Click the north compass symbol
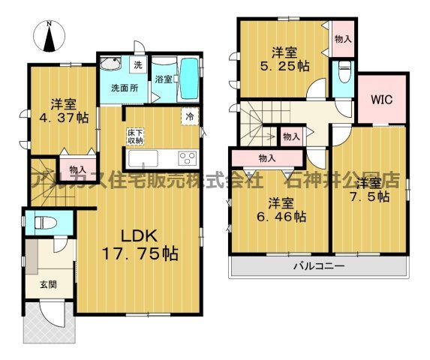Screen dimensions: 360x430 pyautogui.click(x=50, y=37)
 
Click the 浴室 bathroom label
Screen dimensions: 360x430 pyautogui.click(x=164, y=78)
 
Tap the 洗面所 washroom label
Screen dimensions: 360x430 pyautogui.click(x=125, y=88)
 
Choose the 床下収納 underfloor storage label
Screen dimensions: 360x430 pyautogui.click(x=135, y=136)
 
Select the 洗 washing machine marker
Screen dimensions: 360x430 pyautogui.click(x=137, y=65)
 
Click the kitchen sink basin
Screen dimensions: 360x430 pyautogui.click(x=142, y=158)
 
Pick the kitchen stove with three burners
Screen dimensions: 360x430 pyautogui.click(x=185, y=158)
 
